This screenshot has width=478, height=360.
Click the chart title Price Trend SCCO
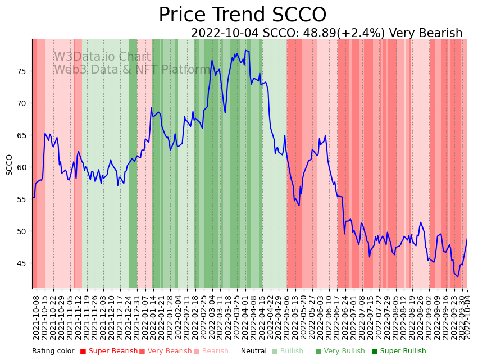pos(242,15)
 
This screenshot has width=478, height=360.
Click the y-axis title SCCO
pos(9,165)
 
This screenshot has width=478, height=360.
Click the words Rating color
pos(53,352)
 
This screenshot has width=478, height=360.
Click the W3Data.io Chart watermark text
pos(102,57)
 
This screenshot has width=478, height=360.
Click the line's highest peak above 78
pos(245,51)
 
